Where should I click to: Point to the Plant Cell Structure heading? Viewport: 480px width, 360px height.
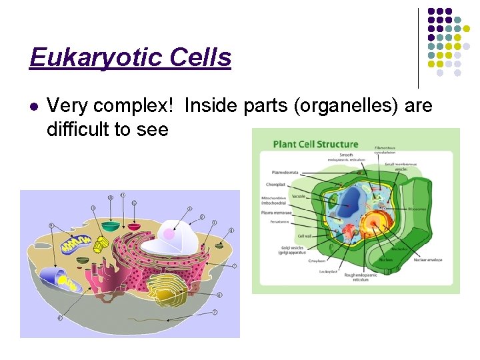[315, 145]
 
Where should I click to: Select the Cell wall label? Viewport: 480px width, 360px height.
[305, 235]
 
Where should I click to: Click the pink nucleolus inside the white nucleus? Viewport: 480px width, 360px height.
[169, 234]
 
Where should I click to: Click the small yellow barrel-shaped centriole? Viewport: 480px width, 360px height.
[99, 245]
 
